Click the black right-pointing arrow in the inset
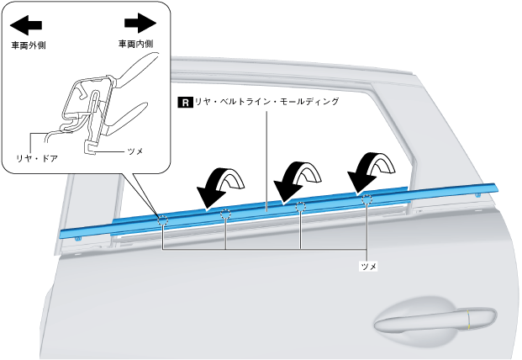(x=140, y=23)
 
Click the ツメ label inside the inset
(x=134, y=151)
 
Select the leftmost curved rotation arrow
(x=220, y=183)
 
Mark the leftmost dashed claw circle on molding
(x=162, y=222)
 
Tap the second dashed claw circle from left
(x=225, y=215)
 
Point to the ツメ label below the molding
(x=367, y=265)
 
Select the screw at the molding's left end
(x=78, y=238)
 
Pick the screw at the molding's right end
(x=478, y=195)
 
